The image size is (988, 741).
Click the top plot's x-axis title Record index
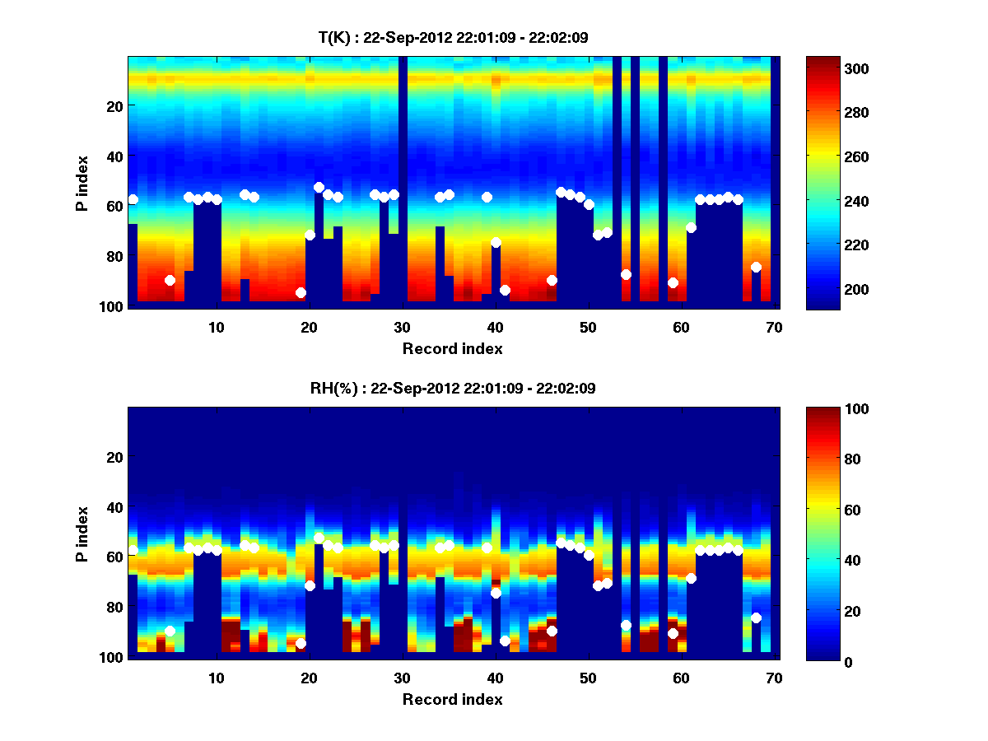coord(453,348)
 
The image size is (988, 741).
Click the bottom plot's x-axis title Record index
coord(453,699)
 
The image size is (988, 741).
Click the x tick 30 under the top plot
coord(402,326)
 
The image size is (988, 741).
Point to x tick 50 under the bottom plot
coord(588,678)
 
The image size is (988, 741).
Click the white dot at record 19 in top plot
coord(301,292)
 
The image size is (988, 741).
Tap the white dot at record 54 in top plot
coord(626,274)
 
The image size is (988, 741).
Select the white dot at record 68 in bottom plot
coord(756,617)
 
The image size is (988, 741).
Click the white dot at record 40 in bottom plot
coord(496,593)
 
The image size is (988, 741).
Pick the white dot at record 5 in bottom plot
coord(170,631)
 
